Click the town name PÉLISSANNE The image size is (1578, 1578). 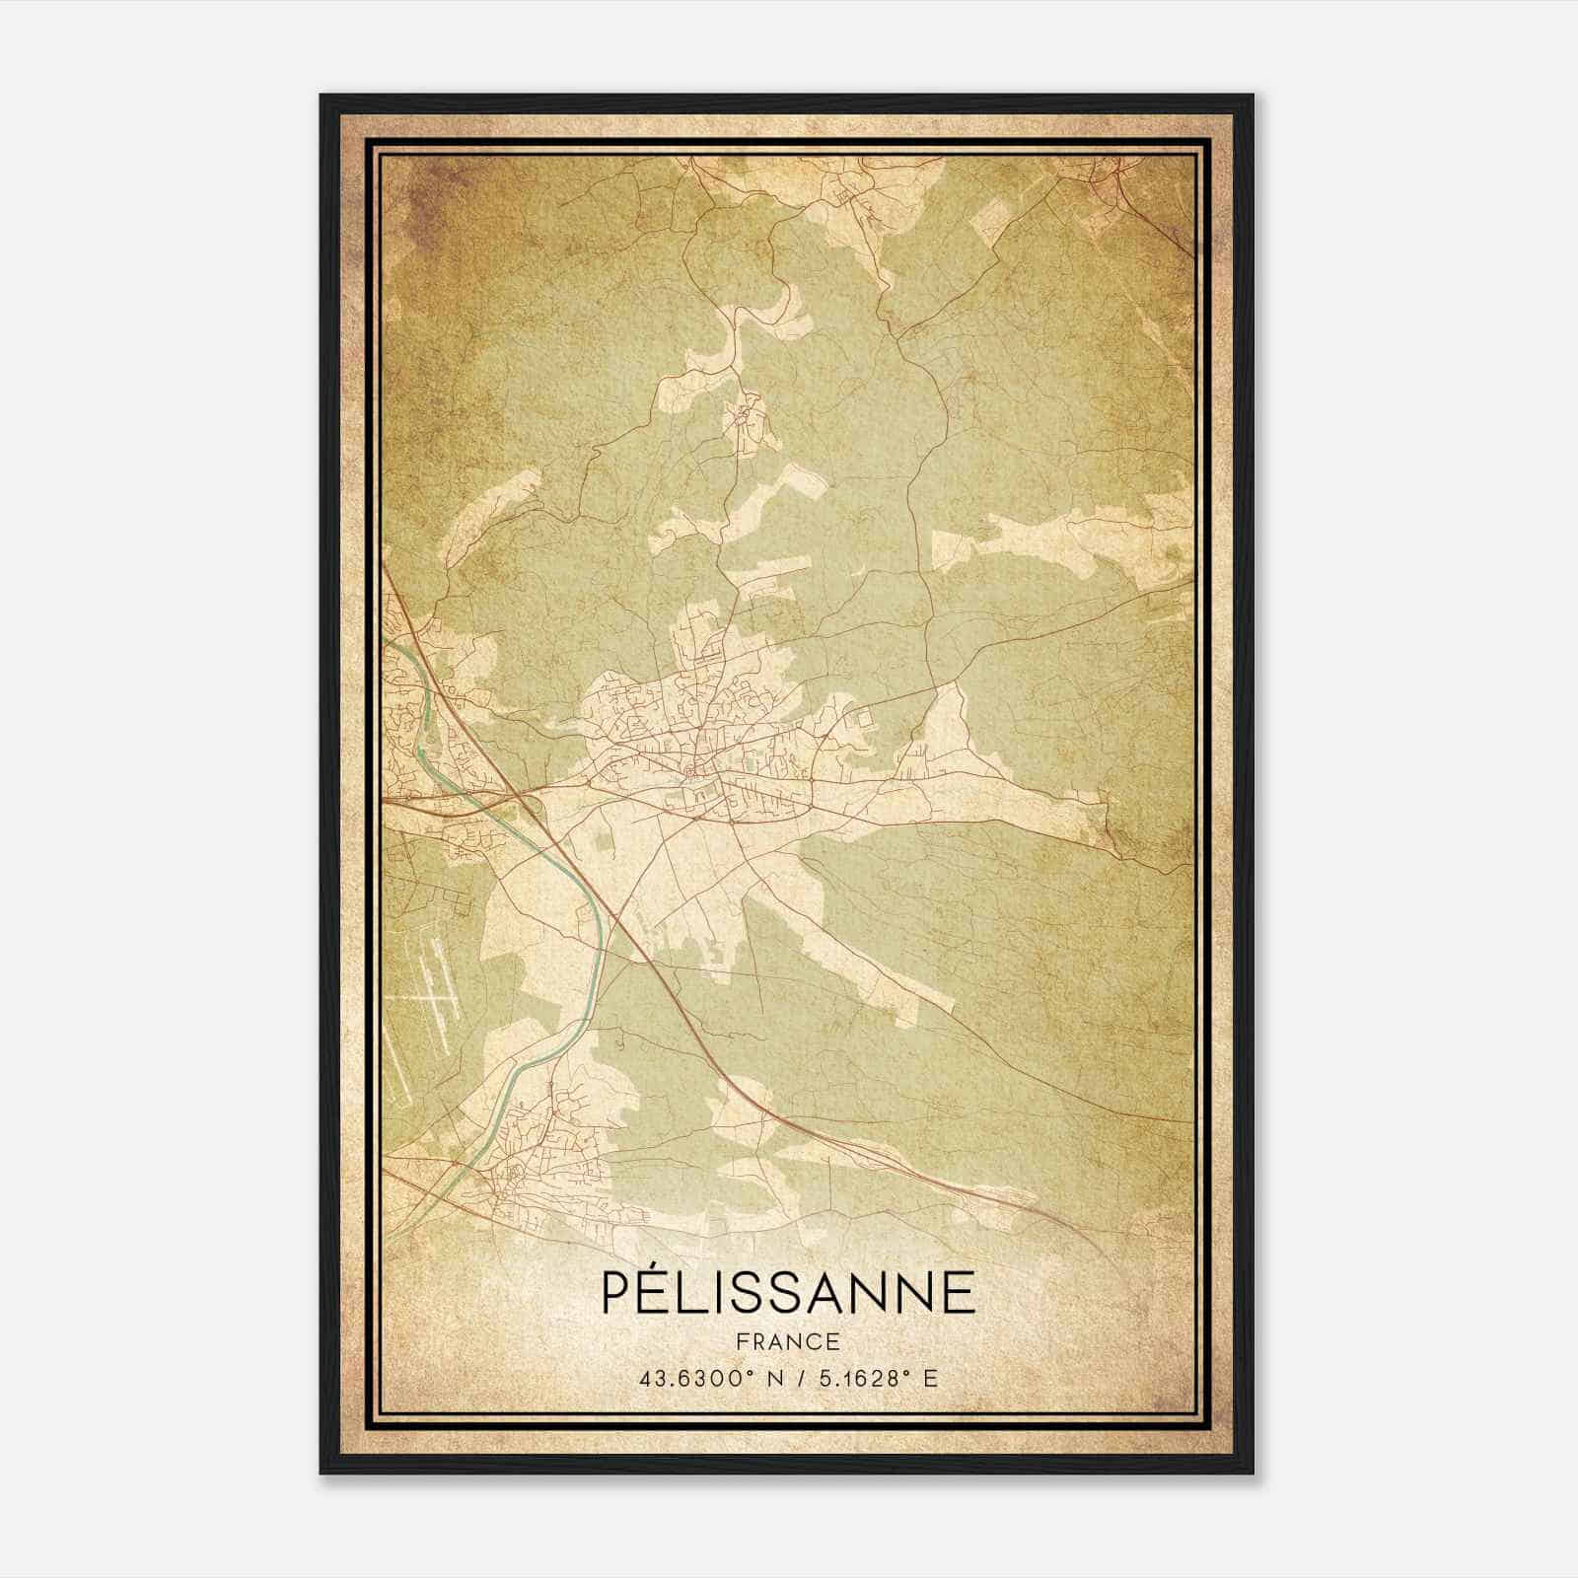point(787,1293)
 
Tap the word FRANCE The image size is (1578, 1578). point(787,1341)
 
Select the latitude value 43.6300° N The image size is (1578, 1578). point(711,1378)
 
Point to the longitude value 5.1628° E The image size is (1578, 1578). point(878,1378)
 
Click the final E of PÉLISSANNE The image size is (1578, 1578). point(959,1293)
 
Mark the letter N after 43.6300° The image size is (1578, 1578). point(775,1378)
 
